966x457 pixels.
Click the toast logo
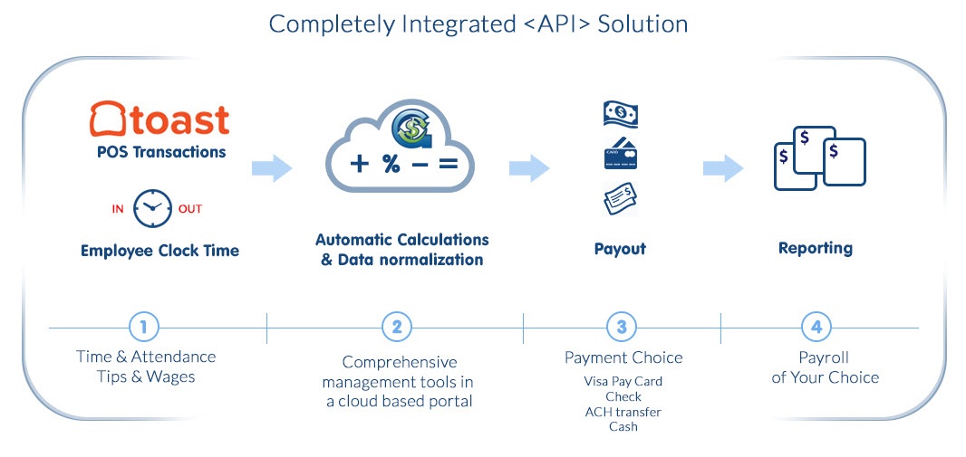click(160, 119)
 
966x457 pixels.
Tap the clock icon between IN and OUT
click(152, 208)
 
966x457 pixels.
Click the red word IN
click(118, 209)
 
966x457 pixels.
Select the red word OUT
click(190, 209)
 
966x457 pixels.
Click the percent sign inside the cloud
click(391, 165)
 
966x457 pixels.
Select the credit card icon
click(621, 155)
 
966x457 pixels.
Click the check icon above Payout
click(621, 198)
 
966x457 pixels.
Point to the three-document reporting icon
click(819, 158)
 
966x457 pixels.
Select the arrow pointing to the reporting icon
click(723, 167)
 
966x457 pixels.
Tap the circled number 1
click(143, 327)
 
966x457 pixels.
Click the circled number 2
click(397, 327)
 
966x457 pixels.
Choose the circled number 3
click(622, 327)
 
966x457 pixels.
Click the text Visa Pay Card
click(623, 382)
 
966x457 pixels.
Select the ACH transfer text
click(623, 412)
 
